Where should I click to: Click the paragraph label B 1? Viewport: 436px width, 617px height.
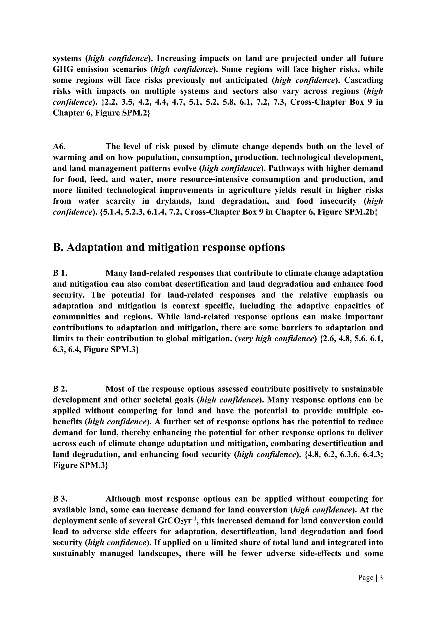(x=60, y=273)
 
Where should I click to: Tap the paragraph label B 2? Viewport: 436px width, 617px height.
(x=60, y=389)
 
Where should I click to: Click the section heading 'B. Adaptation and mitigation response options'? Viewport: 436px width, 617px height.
(x=169, y=247)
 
